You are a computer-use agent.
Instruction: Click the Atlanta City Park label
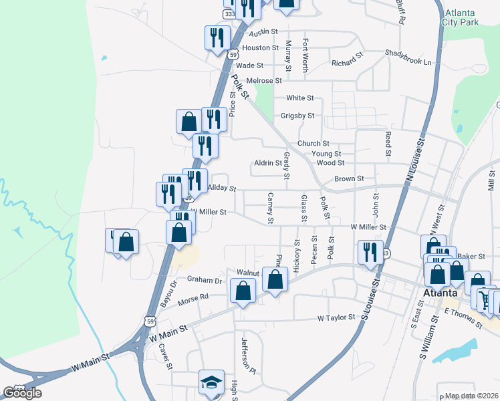pyautogui.click(x=461, y=17)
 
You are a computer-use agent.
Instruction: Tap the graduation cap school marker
pyautogui.click(x=211, y=383)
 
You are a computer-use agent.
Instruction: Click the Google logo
pyautogui.click(x=22, y=393)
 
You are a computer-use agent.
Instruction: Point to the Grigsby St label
pyautogui.click(x=297, y=116)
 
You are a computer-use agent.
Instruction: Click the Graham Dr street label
pyautogui.click(x=204, y=280)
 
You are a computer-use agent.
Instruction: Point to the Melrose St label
pyautogui.click(x=264, y=81)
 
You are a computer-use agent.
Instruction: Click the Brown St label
pyautogui.click(x=349, y=179)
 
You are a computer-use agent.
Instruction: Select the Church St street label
pyautogui.click(x=314, y=144)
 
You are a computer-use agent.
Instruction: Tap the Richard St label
pyautogui.click(x=347, y=63)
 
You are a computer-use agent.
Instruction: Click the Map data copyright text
pyautogui.click(x=472, y=396)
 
